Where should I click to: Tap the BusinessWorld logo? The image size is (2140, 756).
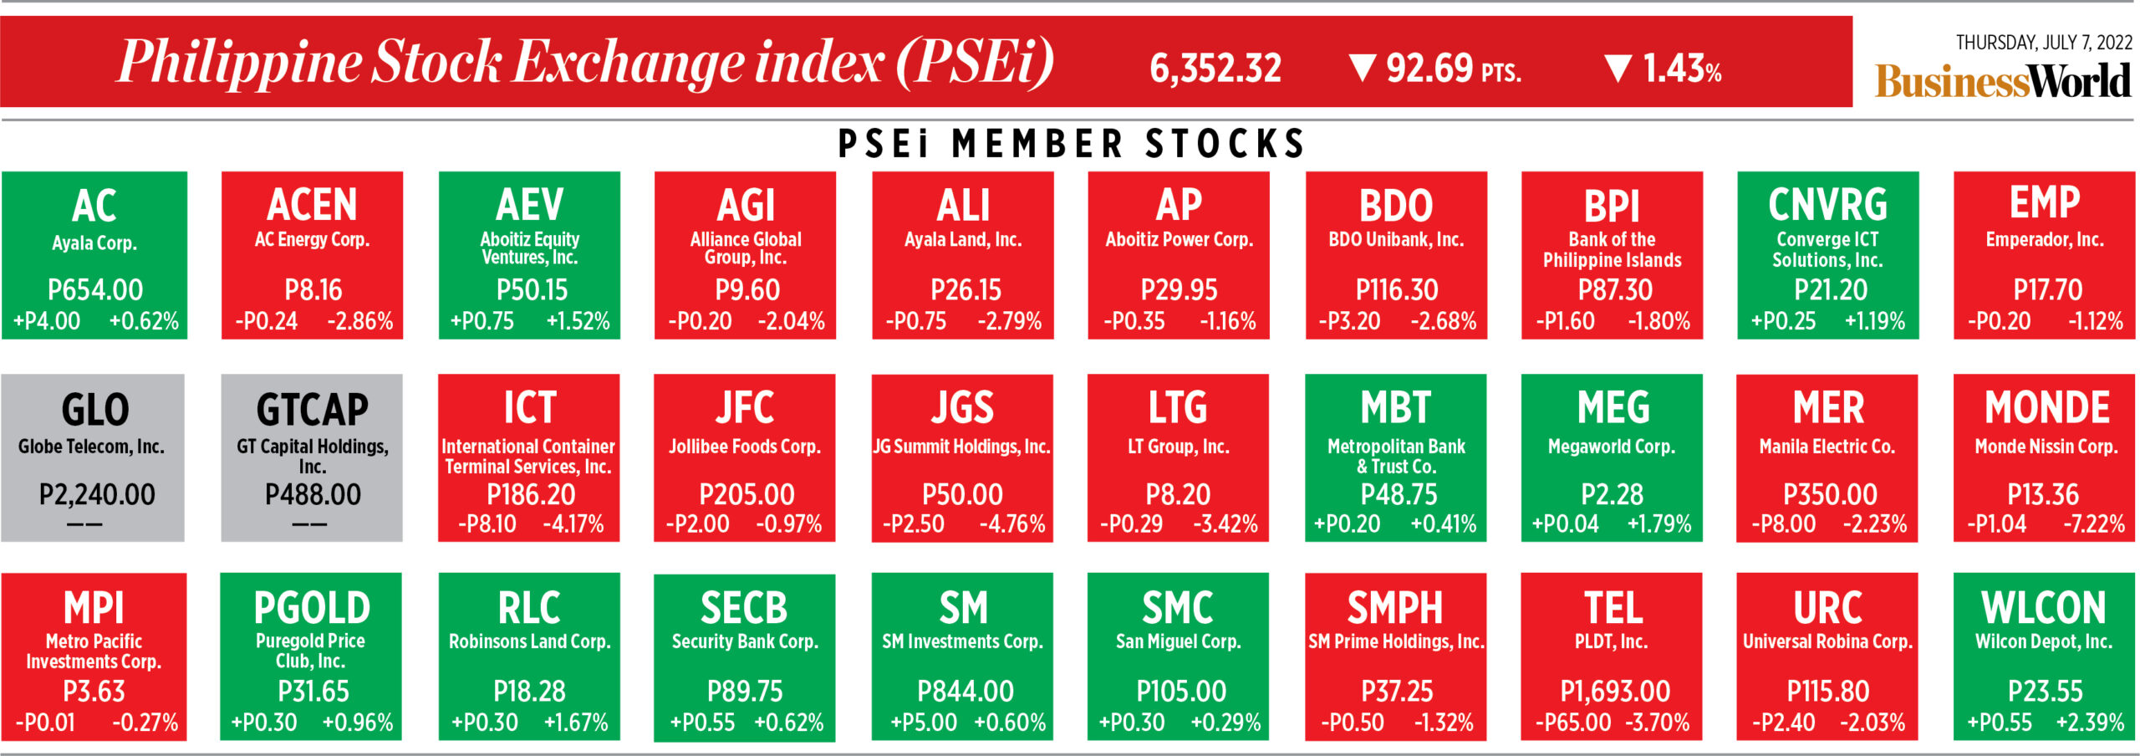2002,82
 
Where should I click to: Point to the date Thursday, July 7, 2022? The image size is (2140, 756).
2043,43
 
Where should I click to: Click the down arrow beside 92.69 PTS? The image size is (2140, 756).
1363,68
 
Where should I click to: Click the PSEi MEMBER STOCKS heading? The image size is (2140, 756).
1071,144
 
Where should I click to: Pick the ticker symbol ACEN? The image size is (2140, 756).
312,205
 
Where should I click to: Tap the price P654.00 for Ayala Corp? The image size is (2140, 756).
95,290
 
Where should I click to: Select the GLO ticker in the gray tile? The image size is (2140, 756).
95,410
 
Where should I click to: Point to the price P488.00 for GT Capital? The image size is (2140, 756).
313,495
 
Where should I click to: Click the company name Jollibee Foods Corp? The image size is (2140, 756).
744,447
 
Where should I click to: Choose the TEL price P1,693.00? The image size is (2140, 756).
1614,692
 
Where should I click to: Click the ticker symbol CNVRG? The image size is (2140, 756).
1827,205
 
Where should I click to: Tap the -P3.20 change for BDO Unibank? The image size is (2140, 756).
1349,321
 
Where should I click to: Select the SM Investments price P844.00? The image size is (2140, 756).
965,692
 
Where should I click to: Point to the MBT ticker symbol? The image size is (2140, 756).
1395,408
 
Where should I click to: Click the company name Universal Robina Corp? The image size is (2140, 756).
1827,642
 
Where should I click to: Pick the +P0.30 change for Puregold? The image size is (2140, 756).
264,723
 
